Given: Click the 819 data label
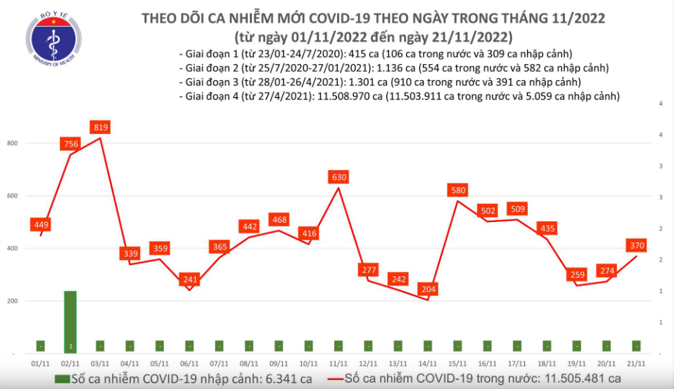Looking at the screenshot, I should tap(101, 128).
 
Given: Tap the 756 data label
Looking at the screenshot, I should tap(71, 144).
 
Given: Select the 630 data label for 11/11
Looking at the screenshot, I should tap(339, 177).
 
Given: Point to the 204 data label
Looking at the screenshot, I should tap(428, 288).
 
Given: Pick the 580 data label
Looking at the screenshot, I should tap(458, 190).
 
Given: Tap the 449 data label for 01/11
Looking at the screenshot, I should tap(41, 225).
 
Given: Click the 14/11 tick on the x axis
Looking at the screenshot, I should tap(428, 364).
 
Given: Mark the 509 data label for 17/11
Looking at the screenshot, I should tap(518, 209).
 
